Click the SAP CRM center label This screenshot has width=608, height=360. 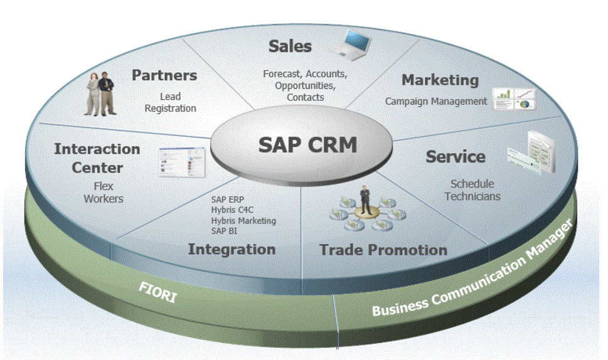307,145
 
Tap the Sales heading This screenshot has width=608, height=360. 290,46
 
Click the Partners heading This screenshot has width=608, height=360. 164,75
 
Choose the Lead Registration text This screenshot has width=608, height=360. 170,102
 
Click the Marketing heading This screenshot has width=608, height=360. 440,80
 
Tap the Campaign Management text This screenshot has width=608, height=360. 436,101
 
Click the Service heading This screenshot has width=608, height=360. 456,156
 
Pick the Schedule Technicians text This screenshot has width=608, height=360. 472,190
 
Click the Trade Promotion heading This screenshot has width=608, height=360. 383,250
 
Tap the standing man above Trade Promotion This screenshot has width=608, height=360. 364,199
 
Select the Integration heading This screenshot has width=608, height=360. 232,249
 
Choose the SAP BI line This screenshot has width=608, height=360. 224,231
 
